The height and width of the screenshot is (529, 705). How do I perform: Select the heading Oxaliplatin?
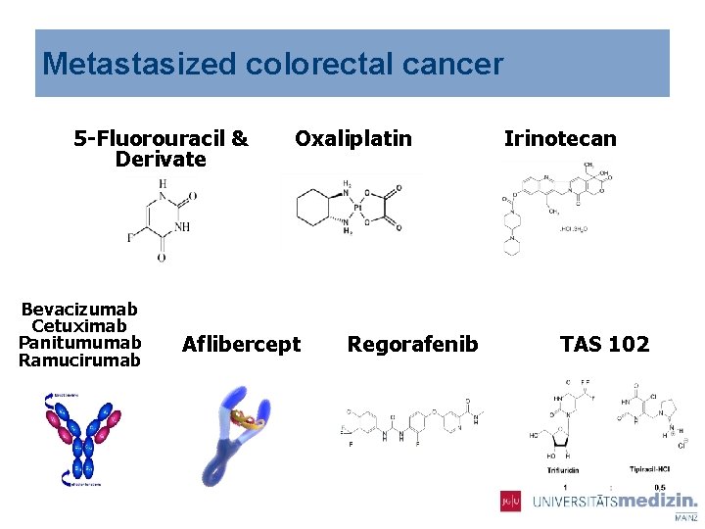tap(353, 138)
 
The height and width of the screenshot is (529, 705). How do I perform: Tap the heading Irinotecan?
tap(560, 138)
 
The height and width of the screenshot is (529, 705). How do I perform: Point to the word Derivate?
tap(161, 159)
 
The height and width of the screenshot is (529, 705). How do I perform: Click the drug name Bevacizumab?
tap(80, 310)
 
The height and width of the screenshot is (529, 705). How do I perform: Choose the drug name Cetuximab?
tap(80, 326)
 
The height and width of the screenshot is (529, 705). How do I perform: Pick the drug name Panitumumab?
tap(80, 343)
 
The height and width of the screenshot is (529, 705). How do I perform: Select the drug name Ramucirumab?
tap(80, 360)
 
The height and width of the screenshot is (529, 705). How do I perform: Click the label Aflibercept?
tap(242, 344)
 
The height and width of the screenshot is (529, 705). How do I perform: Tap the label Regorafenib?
tap(413, 344)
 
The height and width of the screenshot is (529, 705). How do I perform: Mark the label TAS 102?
tap(604, 344)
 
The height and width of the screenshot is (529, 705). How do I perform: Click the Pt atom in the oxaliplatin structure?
tap(359, 208)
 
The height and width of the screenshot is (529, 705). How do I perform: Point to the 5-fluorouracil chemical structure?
tap(161, 220)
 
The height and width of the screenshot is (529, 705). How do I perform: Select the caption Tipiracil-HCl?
tap(650, 470)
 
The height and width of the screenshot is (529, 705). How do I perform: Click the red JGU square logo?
tap(510, 501)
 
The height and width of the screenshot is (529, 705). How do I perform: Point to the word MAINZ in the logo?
tap(686, 516)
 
